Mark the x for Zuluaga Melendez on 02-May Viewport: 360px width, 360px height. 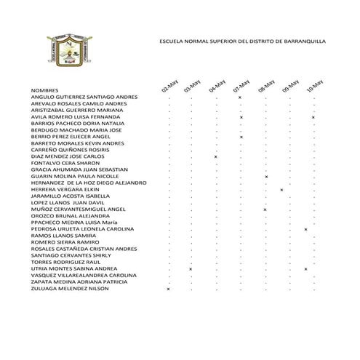(x=168, y=289)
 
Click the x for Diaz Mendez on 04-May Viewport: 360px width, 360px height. (x=216, y=156)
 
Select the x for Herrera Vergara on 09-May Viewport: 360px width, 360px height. (x=281, y=190)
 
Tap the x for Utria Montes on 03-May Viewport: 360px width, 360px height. (x=191, y=269)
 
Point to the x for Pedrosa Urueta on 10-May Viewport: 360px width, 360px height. (x=305, y=229)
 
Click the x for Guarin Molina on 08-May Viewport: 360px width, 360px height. (x=265, y=177)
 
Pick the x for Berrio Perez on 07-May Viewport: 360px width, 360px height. (x=241, y=137)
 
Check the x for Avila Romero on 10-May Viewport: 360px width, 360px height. (x=313, y=117)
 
